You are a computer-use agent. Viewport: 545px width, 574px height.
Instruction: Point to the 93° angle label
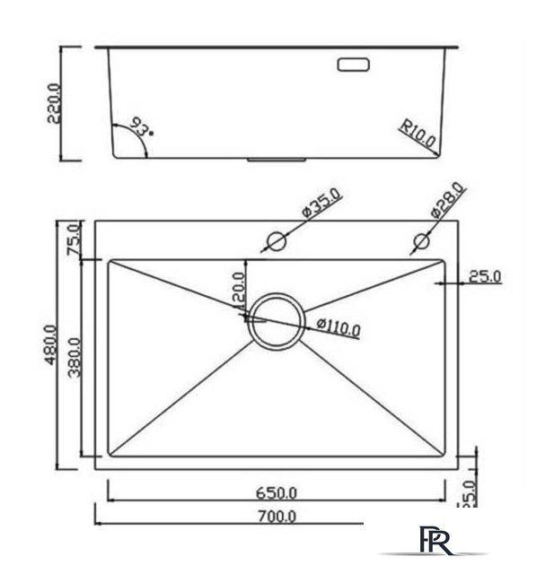point(140,126)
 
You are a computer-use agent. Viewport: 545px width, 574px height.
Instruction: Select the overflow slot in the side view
point(354,65)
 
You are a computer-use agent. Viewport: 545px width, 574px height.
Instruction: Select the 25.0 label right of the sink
point(485,277)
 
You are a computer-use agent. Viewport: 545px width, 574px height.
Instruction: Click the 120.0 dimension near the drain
point(239,293)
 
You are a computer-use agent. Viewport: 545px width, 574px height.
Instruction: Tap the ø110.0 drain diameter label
point(338,327)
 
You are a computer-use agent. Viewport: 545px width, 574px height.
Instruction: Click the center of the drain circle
point(277,320)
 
